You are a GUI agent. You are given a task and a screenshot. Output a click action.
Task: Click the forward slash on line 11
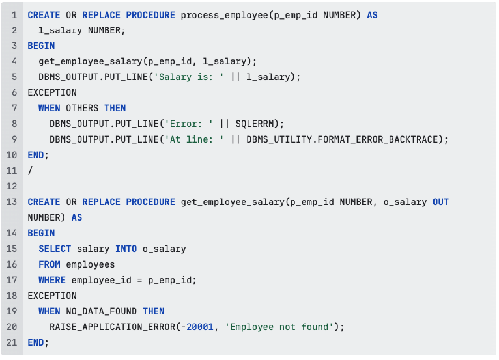[x=30, y=171]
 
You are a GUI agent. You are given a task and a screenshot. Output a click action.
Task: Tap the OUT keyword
[x=440, y=202]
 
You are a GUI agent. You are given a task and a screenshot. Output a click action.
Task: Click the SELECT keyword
[x=55, y=249]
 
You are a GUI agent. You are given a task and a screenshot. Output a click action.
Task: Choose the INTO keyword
[x=126, y=249]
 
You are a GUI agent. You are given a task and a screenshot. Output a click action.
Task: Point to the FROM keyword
[x=50, y=264]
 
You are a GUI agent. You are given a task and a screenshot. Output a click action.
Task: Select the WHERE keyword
[x=52, y=280]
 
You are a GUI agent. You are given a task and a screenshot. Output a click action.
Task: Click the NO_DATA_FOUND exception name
[x=101, y=311]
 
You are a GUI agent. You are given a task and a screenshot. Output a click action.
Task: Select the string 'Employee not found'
[x=279, y=327]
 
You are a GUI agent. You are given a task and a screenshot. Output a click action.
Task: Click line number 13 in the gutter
[x=12, y=202]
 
